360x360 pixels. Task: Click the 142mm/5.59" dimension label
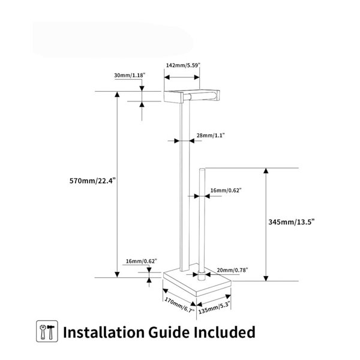tap(183, 65)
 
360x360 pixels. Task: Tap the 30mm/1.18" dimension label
tap(130, 75)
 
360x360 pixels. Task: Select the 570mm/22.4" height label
tap(92, 181)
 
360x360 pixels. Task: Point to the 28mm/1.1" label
tap(211, 135)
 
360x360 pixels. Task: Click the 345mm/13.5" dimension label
tap(292, 222)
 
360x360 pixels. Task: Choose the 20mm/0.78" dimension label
tap(232, 270)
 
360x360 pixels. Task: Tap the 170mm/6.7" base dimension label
tap(179, 305)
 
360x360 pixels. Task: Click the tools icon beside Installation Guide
tap(47, 331)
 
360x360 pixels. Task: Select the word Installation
tap(104, 332)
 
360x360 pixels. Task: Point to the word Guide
tap(169, 332)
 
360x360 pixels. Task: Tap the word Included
tap(224, 332)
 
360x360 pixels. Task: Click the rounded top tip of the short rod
tap(202, 170)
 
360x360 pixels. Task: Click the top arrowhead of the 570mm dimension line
tap(117, 94)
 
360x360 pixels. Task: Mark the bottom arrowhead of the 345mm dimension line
tap(266, 278)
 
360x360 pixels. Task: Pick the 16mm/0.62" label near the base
tap(142, 261)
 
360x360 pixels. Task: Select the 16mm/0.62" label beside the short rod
tap(226, 190)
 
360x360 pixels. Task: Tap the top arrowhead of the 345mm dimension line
tap(266, 171)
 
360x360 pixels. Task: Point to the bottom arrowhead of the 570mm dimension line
tap(117, 274)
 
